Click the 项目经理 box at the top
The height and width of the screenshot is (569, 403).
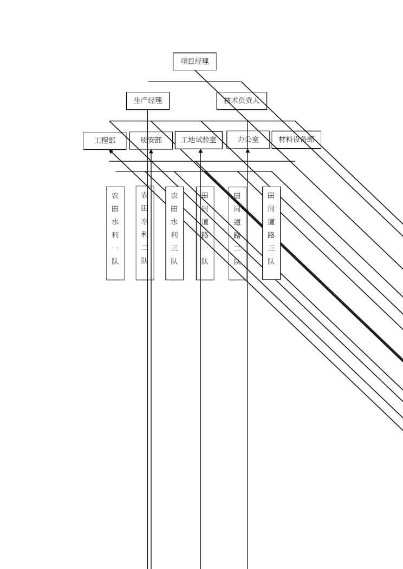(194, 61)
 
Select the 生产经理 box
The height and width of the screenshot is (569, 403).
(147, 101)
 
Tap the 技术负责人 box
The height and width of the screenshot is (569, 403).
(242, 101)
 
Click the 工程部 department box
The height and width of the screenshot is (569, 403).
(105, 141)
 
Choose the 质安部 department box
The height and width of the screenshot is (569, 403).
(151, 140)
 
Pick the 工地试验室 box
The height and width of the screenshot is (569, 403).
(198, 140)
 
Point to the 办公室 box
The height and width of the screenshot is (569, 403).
(248, 140)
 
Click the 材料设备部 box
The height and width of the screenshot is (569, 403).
(296, 140)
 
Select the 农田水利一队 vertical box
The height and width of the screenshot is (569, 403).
(115, 233)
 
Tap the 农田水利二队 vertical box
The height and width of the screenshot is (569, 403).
(145, 233)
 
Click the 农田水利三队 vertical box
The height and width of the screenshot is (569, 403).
(174, 233)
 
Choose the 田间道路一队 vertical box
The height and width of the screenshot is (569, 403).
(205, 233)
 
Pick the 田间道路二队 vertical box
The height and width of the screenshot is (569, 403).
(237, 233)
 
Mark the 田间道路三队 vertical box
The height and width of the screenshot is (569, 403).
(271, 233)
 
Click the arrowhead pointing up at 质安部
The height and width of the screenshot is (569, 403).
(151, 152)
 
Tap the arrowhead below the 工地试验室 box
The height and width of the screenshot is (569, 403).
(200, 151)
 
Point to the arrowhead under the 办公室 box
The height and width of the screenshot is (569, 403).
(248, 151)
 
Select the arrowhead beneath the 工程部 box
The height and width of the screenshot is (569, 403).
(111, 152)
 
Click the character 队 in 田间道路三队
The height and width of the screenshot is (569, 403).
(271, 261)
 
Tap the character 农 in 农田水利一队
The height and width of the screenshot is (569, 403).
(115, 195)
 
